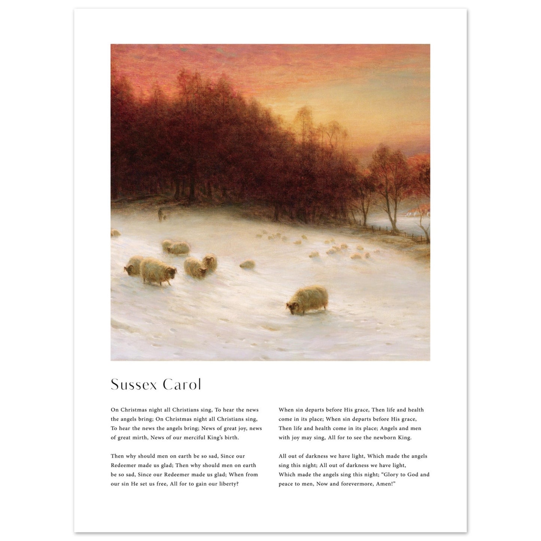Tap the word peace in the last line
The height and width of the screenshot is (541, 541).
tap(286, 484)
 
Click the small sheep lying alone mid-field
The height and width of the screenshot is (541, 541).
tap(247, 265)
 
